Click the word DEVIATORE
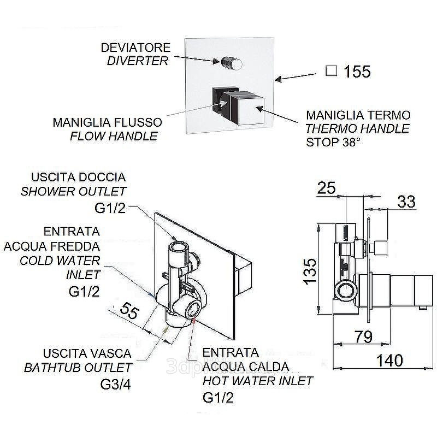coord(138,48)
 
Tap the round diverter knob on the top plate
coord(232,64)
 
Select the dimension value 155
coord(357,72)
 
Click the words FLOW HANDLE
coord(114,135)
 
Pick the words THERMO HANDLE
coord(357,129)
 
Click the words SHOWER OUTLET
coord(73,191)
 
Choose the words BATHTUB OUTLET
coord(78,368)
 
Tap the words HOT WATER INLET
coord(258,380)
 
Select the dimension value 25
coord(326,188)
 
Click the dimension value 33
coord(406,202)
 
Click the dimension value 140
coord(390,361)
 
